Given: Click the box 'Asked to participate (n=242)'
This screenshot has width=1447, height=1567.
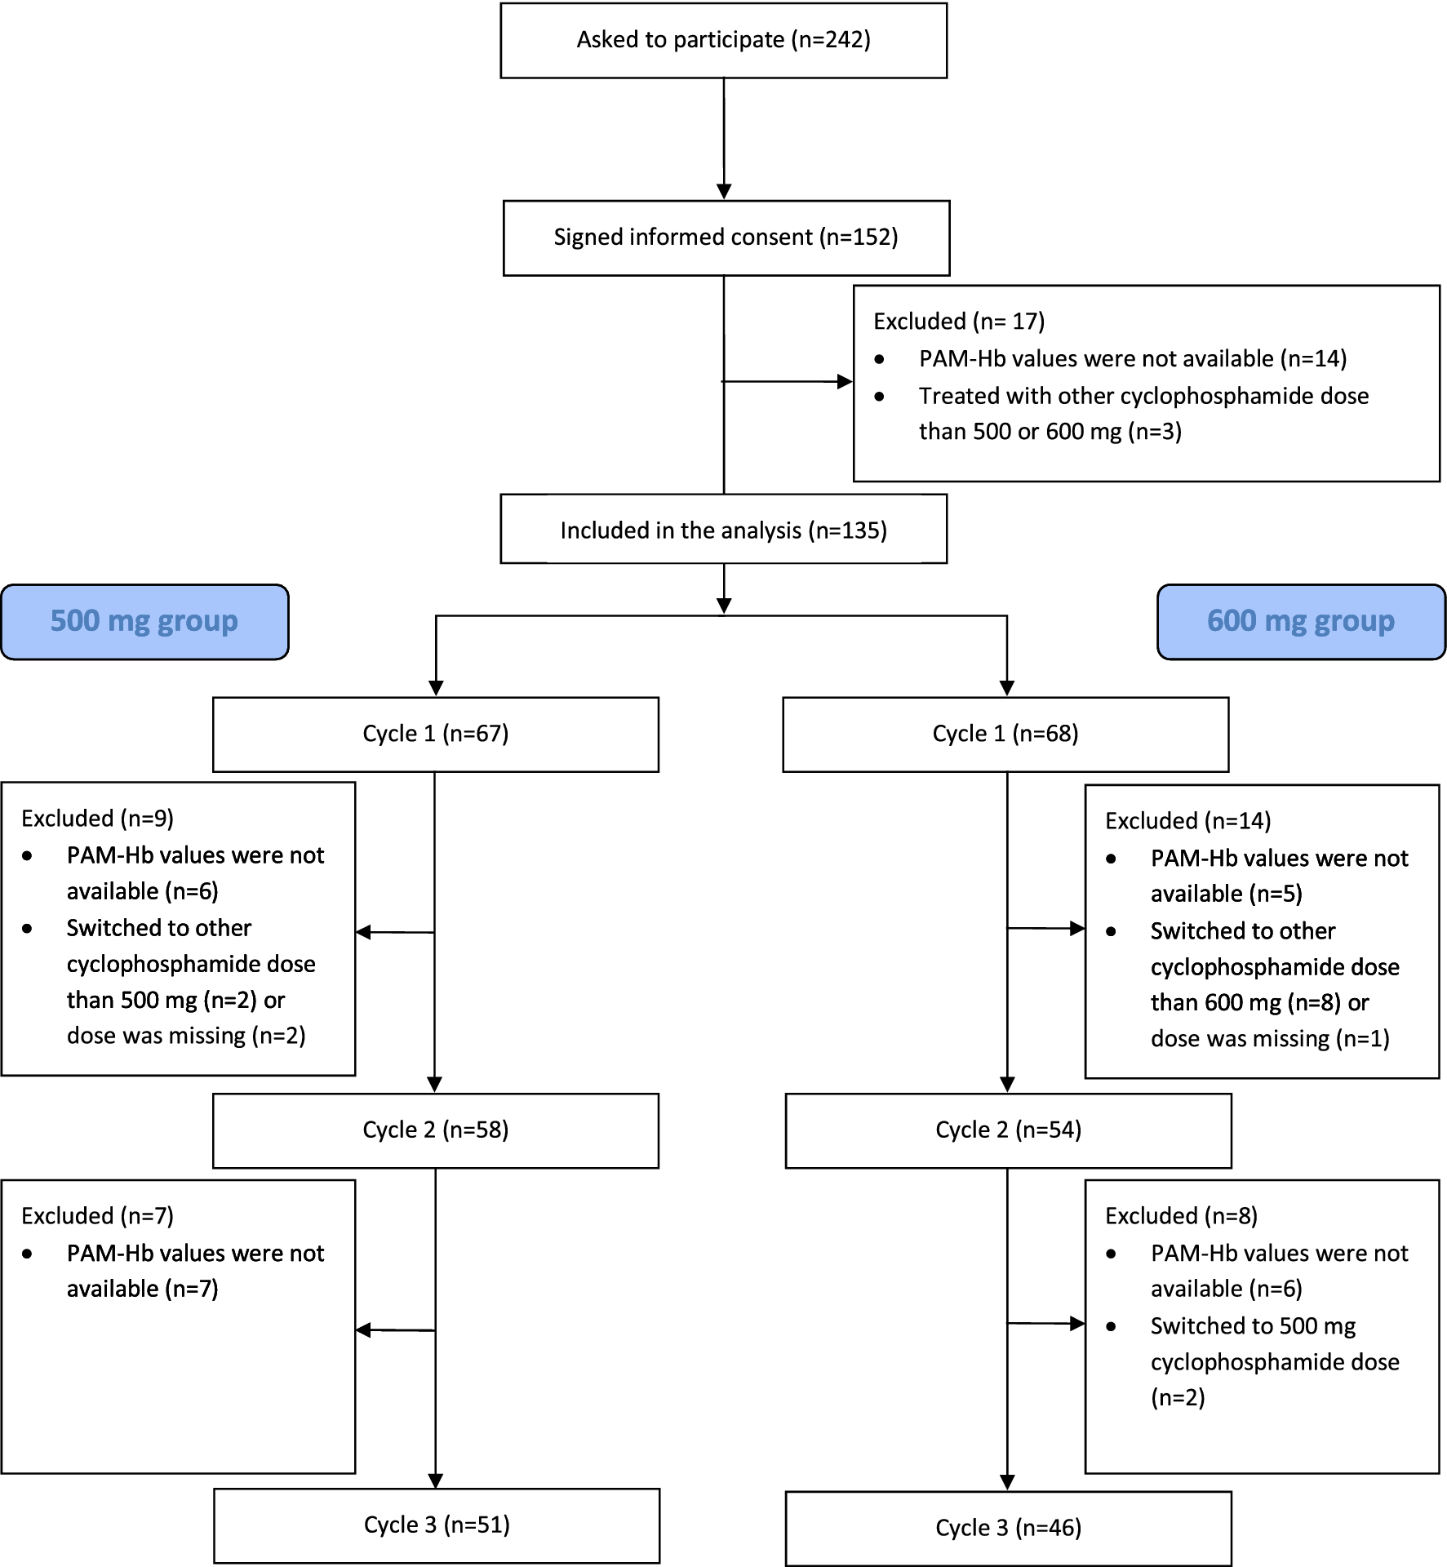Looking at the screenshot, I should [x=723, y=40].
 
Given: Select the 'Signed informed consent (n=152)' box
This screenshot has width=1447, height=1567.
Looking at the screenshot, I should [x=726, y=237].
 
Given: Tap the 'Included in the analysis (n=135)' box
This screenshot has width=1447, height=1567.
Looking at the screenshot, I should [x=723, y=530].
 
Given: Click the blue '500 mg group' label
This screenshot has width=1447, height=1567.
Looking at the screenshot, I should [x=144, y=621].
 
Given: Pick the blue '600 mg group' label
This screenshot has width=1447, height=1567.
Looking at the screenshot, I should [x=1301, y=621].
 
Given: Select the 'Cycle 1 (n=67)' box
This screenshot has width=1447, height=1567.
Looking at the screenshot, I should [x=435, y=734].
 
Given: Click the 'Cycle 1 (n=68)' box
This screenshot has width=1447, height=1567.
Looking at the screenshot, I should [x=1005, y=734].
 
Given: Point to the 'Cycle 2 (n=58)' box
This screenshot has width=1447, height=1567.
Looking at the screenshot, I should [x=435, y=1130].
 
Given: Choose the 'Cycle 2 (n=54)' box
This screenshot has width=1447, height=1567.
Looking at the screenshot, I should [x=1008, y=1130].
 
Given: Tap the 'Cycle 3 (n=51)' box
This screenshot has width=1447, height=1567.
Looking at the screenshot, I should [x=437, y=1525].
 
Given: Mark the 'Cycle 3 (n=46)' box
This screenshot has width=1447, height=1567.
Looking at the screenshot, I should [x=1008, y=1528].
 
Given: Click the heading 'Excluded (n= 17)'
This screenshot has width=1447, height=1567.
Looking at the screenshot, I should [x=959, y=322].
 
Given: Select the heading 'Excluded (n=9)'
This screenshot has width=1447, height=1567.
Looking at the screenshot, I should [x=97, y=819].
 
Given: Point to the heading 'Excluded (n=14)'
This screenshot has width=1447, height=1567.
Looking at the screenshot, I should [x=1187, y=821].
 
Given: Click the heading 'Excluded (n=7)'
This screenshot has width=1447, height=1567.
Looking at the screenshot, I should [x=97, y=1216].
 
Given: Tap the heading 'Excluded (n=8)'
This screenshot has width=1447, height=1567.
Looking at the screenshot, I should [x=1181, y=1216].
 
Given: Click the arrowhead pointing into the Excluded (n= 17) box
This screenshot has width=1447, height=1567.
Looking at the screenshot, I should [x=845, y=381].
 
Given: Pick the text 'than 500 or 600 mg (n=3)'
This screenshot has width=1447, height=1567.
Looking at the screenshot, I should [x=1050, y=432].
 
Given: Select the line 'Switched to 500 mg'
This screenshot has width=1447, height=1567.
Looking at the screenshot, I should [x=1253, y=1326].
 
